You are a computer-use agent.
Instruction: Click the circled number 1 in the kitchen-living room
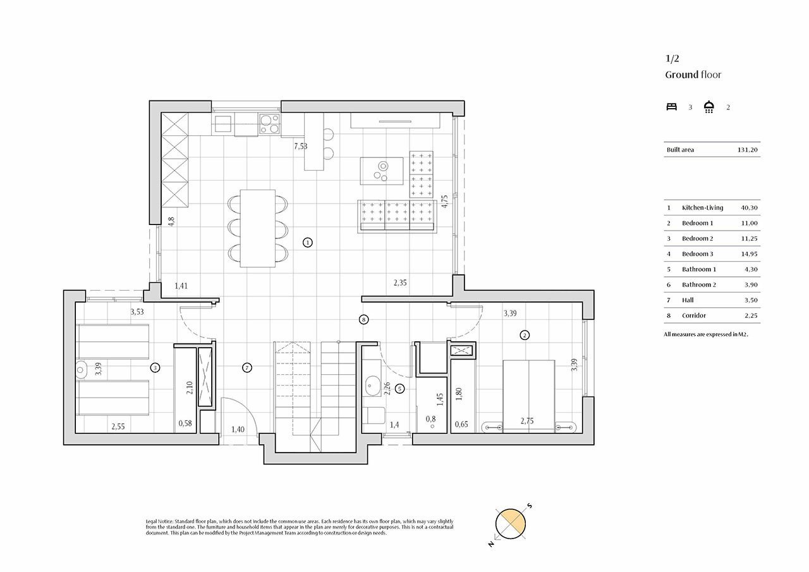(x=307, y=242)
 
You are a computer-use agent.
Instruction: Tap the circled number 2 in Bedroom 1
(x=524, y=336)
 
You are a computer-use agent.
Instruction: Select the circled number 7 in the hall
(x=247, y=367)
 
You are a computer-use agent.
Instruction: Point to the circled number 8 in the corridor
(x=363, y=320)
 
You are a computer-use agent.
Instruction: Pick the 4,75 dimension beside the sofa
(x=445, y=201)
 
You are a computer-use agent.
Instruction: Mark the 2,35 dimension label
(x=400, y=283)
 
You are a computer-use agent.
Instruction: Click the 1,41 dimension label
(x=181, y=286)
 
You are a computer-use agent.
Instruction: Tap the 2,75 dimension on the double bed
(x=528, y=420)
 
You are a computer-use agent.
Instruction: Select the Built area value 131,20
(x=748, y=150)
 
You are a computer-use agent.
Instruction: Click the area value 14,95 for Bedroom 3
(x=749, y=253)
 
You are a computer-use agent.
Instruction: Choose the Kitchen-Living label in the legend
(x=702, y=207)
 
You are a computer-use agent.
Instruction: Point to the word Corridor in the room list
(x=694, y=315)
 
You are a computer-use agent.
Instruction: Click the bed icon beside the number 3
(x=672, y=107)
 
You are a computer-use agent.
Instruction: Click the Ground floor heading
(x=693, y=75)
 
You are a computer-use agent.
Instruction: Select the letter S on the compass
(x=530, y=506)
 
